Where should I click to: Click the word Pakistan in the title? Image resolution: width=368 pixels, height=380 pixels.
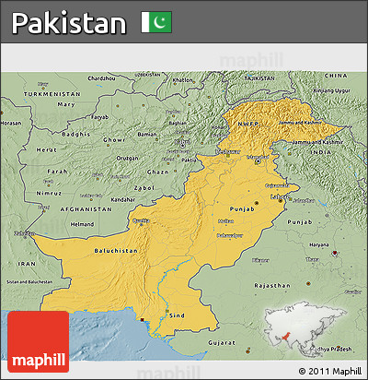(69, 23)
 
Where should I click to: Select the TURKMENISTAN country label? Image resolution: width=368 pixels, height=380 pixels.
(47, 94)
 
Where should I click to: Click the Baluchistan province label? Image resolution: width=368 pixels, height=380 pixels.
(116, 251)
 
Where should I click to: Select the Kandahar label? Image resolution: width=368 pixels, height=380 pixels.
(122, 198)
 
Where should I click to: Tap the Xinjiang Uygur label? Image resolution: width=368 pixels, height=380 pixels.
(331, 90)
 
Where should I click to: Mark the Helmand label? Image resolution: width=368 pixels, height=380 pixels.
(83, 224)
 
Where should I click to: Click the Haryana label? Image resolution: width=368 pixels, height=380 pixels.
(319, 244)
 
